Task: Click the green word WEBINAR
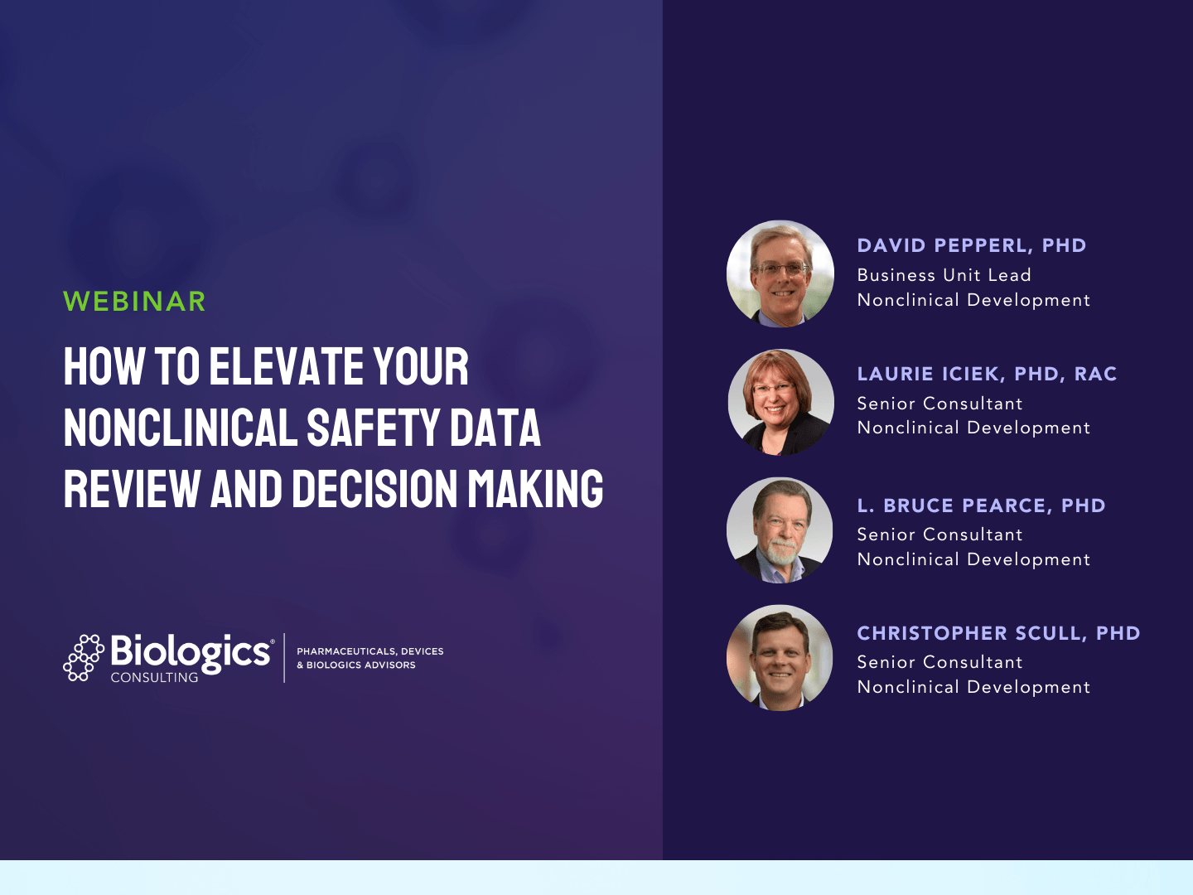134,302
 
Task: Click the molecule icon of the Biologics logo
83,658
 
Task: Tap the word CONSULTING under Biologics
155,677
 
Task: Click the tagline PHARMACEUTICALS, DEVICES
369,651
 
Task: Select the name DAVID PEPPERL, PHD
971,245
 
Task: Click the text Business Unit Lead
944,275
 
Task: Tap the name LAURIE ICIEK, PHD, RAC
987,374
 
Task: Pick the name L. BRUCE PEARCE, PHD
981,506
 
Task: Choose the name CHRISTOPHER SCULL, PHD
998,633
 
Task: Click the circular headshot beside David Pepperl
780,273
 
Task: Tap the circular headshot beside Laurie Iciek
780,402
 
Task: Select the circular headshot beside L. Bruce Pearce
780,530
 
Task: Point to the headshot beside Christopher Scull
780,658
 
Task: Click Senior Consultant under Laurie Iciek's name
939,404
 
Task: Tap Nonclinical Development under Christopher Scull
973,687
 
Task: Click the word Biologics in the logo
191,652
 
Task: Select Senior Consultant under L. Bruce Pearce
939,535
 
